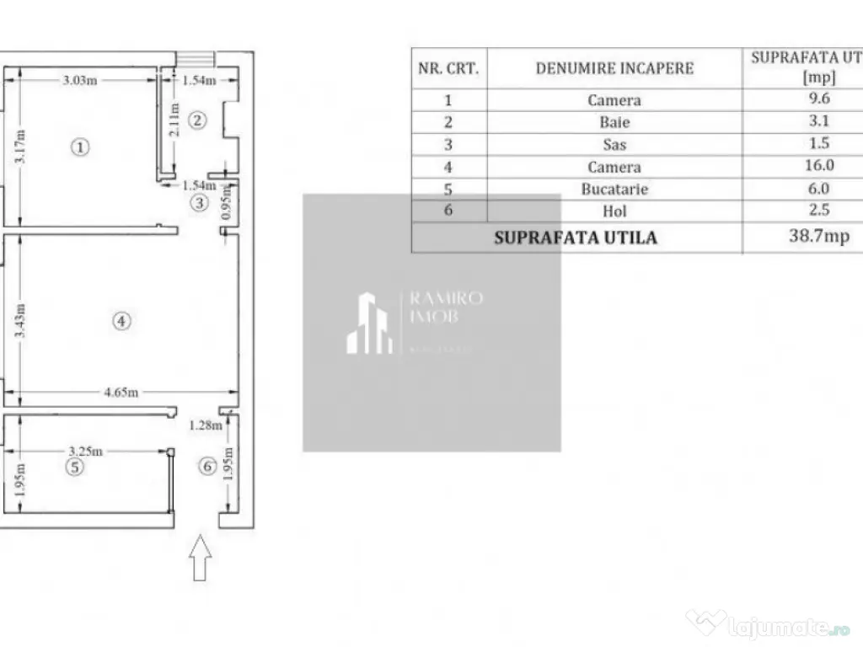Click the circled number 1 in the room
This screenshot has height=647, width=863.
[x=79, y=147]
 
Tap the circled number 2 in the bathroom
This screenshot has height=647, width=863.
[x=196, y=120]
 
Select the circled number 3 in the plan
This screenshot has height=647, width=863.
[x=199, y=202]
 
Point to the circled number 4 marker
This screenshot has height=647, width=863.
[x=122, y=320]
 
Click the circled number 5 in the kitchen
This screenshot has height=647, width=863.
[x=76, y=467]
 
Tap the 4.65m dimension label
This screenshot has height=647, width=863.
[x=122, y=392]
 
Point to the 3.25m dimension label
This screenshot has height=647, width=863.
[x=85, y=451]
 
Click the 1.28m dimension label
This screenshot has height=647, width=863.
[x=206, y=425]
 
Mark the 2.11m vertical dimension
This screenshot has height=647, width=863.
[x=174, y=120]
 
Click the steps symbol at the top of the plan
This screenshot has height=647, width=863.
[x=196, y=58]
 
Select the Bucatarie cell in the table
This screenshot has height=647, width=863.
[x=614, y=190]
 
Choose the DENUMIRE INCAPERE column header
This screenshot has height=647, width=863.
[x=614, y=68]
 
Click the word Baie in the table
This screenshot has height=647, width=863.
[x=614, y=122]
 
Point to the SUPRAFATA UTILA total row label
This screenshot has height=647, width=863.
[x=576, y=238]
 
